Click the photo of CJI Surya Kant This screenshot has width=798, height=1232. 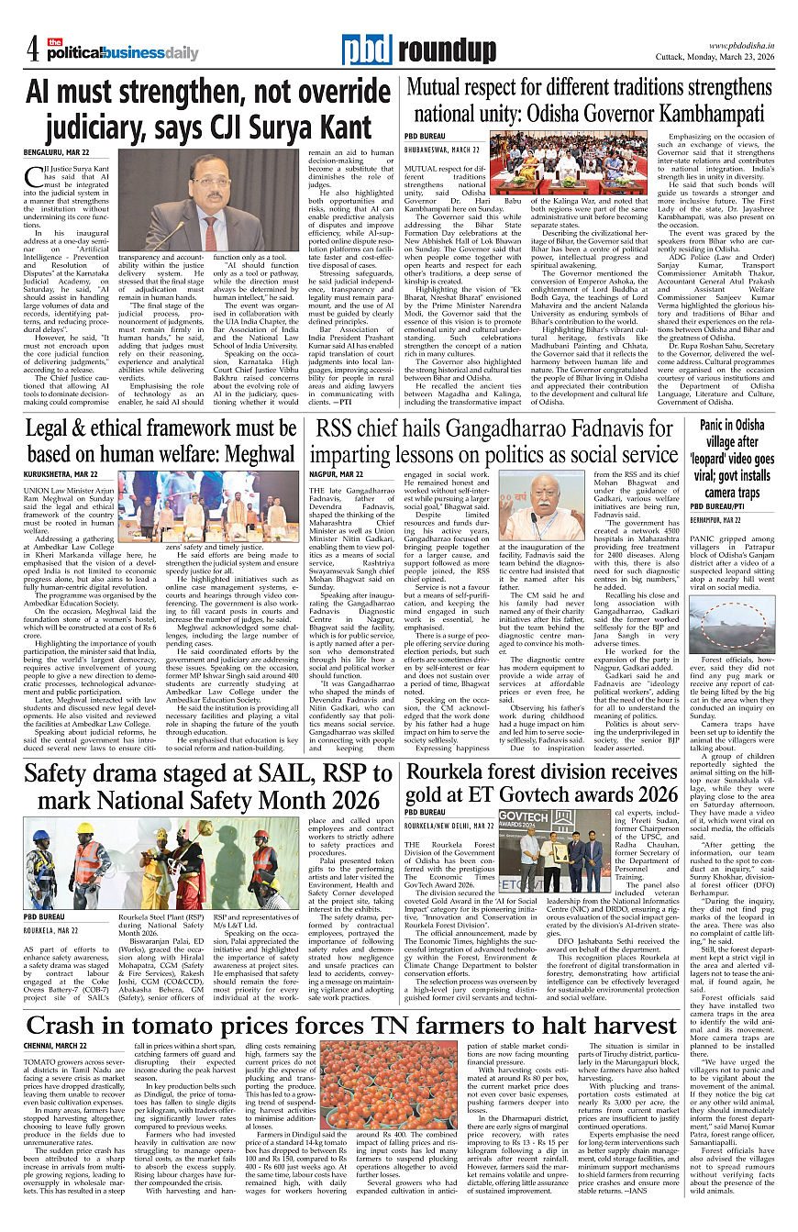point(221,200)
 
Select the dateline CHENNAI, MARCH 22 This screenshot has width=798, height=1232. point(55,1045)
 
